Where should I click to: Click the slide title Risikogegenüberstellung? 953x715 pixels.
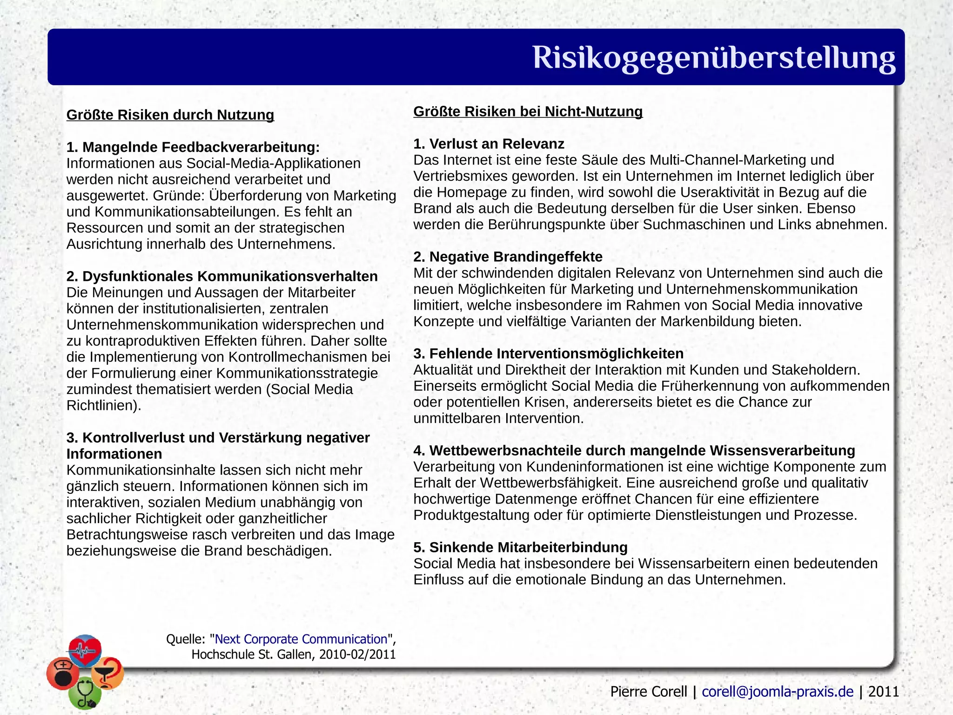[713, 58]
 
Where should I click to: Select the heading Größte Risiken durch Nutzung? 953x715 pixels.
[170, 115]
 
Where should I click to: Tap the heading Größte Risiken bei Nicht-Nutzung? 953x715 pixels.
[528, 111]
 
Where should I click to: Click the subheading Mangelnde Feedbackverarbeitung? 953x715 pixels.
[193, 147]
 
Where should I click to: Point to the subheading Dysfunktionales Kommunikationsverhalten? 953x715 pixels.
[222, 276]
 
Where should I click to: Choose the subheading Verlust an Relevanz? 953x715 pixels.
[489, 144]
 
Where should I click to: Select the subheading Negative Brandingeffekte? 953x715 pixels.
[508, 257]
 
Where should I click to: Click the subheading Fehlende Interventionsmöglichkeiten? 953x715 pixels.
[548, 354]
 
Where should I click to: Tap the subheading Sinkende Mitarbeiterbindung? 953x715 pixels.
[520, 547]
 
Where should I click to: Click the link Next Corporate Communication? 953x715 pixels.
[301, 639]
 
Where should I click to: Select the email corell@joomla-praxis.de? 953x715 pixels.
[778, 692]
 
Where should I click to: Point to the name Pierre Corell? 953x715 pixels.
[648, 692]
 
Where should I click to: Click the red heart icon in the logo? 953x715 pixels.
[85, 649]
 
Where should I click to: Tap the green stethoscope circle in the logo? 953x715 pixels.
[85, 693]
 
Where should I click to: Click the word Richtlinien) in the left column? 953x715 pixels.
[103, 406]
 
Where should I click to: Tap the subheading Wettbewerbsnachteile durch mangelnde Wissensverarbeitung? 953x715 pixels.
[634, 450]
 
